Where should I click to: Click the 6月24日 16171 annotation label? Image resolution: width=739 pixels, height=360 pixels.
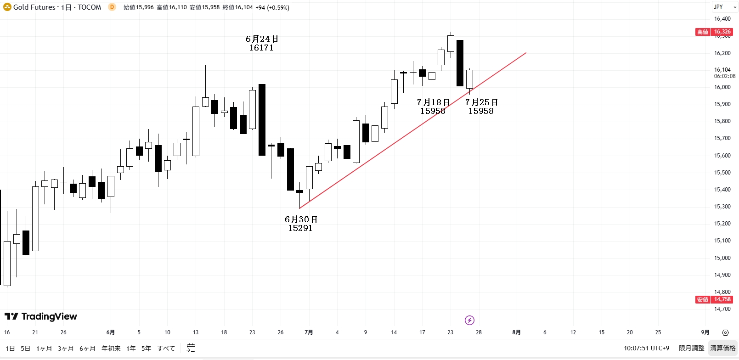(262, 43)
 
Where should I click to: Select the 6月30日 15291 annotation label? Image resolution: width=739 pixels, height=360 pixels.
(301, 224)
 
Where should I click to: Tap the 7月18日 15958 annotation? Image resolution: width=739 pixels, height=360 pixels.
(433, 107)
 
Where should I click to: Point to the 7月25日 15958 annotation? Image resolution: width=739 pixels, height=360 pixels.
(481, 107)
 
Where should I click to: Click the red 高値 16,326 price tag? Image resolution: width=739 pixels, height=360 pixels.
(714, 32)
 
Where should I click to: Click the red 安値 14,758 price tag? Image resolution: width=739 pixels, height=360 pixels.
(714, 299)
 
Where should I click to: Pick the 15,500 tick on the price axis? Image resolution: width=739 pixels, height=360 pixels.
(722, 173)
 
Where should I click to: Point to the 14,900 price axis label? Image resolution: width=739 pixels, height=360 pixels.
(722, 275)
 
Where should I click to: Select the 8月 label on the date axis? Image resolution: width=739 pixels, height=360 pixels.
(516, 332)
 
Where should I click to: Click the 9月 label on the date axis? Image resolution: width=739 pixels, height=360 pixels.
(705, 332)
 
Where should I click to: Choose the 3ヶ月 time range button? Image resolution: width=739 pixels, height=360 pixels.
(66, 349)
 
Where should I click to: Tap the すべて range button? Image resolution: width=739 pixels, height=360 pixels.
(166, 349)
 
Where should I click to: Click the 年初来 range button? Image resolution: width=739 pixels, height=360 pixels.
(111, 349)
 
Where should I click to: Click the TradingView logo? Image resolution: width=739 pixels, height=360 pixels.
(41, 316)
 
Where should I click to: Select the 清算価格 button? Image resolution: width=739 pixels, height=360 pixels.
(723, 348)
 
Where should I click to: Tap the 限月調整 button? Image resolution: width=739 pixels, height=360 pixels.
(691, 348)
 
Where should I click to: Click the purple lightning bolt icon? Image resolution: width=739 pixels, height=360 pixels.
(469, 320)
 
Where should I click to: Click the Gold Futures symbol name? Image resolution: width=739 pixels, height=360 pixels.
(34, 7)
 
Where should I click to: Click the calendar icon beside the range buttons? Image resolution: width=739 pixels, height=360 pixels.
(191, 348)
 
